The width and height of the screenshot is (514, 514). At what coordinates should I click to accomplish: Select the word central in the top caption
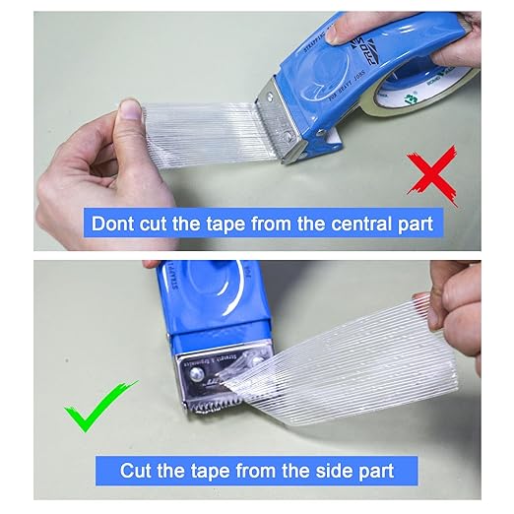(348, 223)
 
